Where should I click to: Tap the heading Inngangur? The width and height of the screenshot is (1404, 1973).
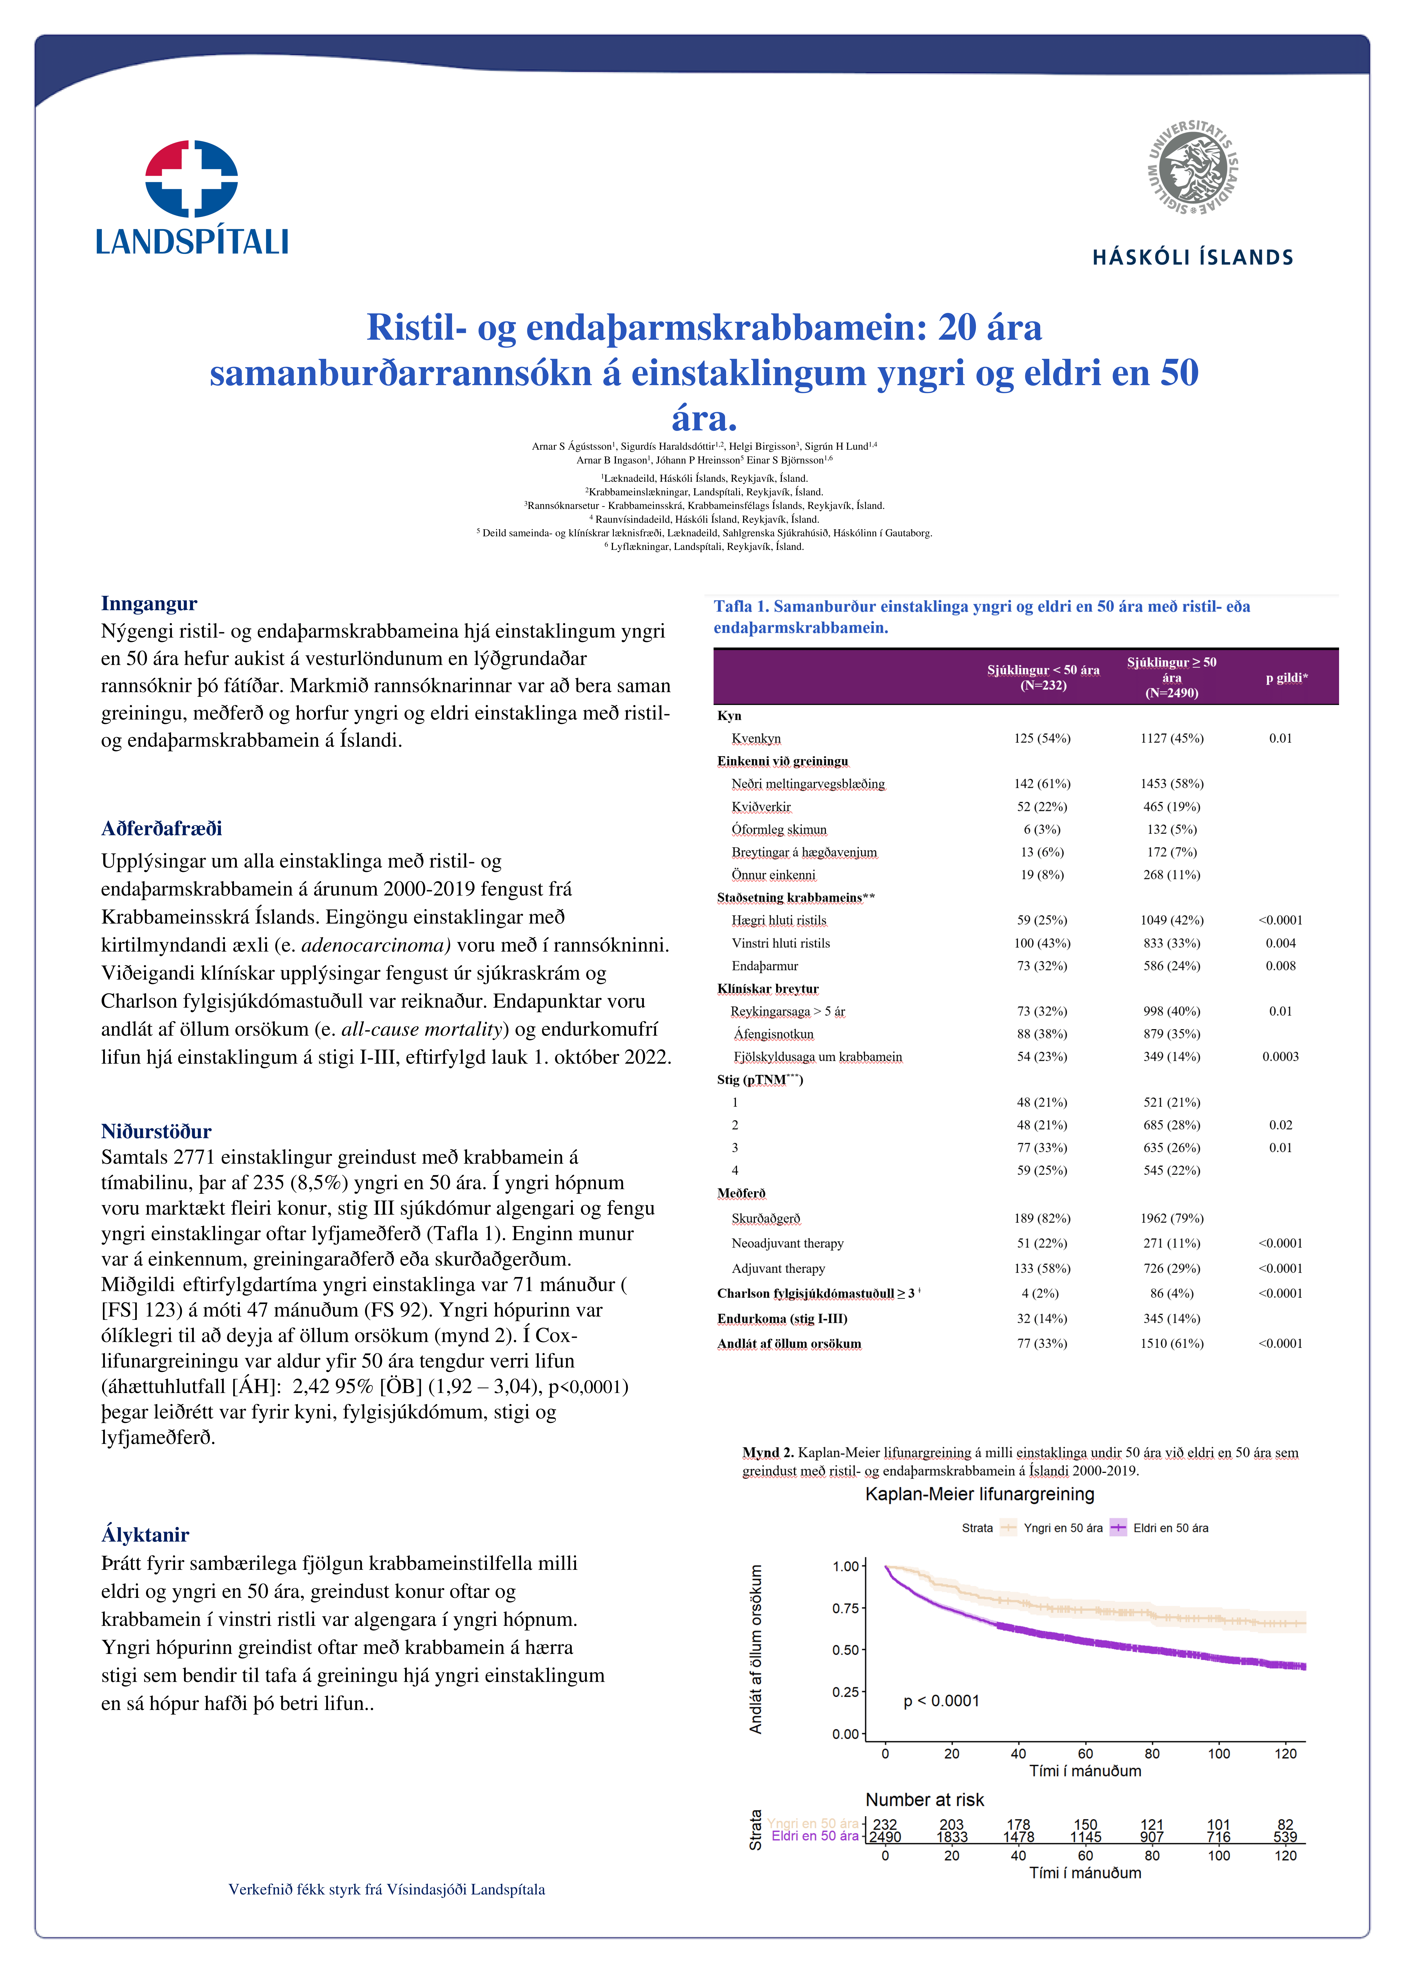(149, 603)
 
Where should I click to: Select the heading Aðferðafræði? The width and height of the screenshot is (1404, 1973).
(162, 828)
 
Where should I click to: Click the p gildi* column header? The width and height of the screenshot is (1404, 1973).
(1286, 678)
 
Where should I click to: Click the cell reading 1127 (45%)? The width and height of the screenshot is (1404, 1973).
(1171, 738)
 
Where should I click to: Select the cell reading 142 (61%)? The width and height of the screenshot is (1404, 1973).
(1042, 783)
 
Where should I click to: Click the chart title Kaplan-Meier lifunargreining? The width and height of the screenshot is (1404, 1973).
(980, 1494)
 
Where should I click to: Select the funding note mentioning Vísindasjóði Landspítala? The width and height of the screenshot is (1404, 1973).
(386, 1889)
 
